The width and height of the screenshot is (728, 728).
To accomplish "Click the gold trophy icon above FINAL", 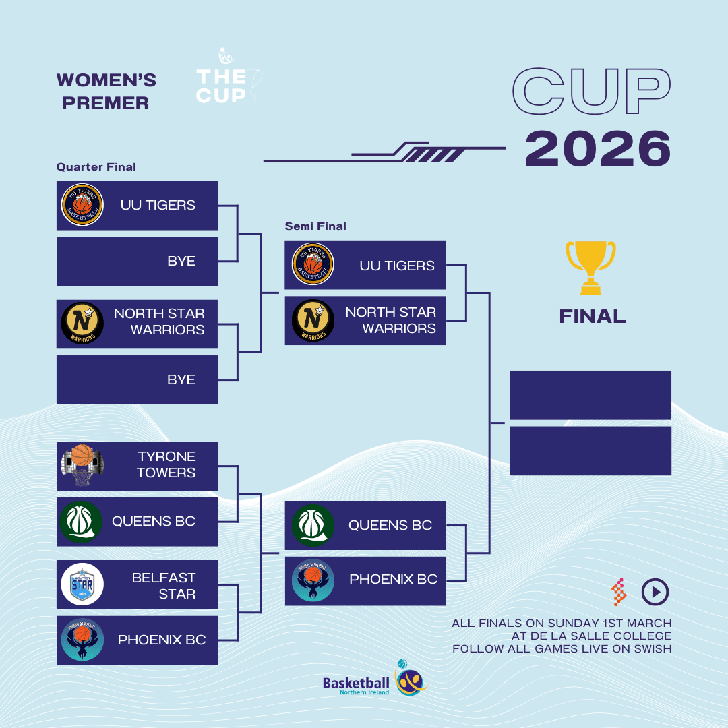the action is tap(590, 268).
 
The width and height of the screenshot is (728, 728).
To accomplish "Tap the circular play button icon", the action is tap(655, 592).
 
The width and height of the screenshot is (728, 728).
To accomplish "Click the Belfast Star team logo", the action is tap(83, 584).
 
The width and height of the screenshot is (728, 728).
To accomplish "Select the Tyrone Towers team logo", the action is tap(83, 465).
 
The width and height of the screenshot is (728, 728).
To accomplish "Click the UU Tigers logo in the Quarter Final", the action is tap(83, 205).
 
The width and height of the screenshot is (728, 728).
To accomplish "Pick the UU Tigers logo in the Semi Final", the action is tap(313, 264).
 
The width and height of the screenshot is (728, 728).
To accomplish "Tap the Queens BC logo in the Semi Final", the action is tap(313, 525).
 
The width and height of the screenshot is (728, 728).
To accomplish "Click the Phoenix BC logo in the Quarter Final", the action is tap(83, 640).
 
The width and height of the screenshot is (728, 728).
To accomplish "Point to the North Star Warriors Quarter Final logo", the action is tap(83, 323).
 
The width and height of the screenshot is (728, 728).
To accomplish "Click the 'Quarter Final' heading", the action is tap(96, 167).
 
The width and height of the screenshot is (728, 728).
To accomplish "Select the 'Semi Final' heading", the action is tap(315, 226).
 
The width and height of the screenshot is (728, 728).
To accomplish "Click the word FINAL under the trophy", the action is tap(593, 317).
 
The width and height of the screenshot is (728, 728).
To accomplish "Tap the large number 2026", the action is tap(598, 148).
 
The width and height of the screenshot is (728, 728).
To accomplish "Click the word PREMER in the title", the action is tap(105, 103).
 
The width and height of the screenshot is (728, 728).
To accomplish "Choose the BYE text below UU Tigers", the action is tap(181, 261).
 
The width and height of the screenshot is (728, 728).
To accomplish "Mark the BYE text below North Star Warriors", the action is tap(181, 380).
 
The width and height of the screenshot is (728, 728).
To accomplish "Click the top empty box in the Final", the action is tap(590, 395).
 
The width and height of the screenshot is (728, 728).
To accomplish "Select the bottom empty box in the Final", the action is tap(590, 451).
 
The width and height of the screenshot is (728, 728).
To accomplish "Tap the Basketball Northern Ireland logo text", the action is tap(356, 686).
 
